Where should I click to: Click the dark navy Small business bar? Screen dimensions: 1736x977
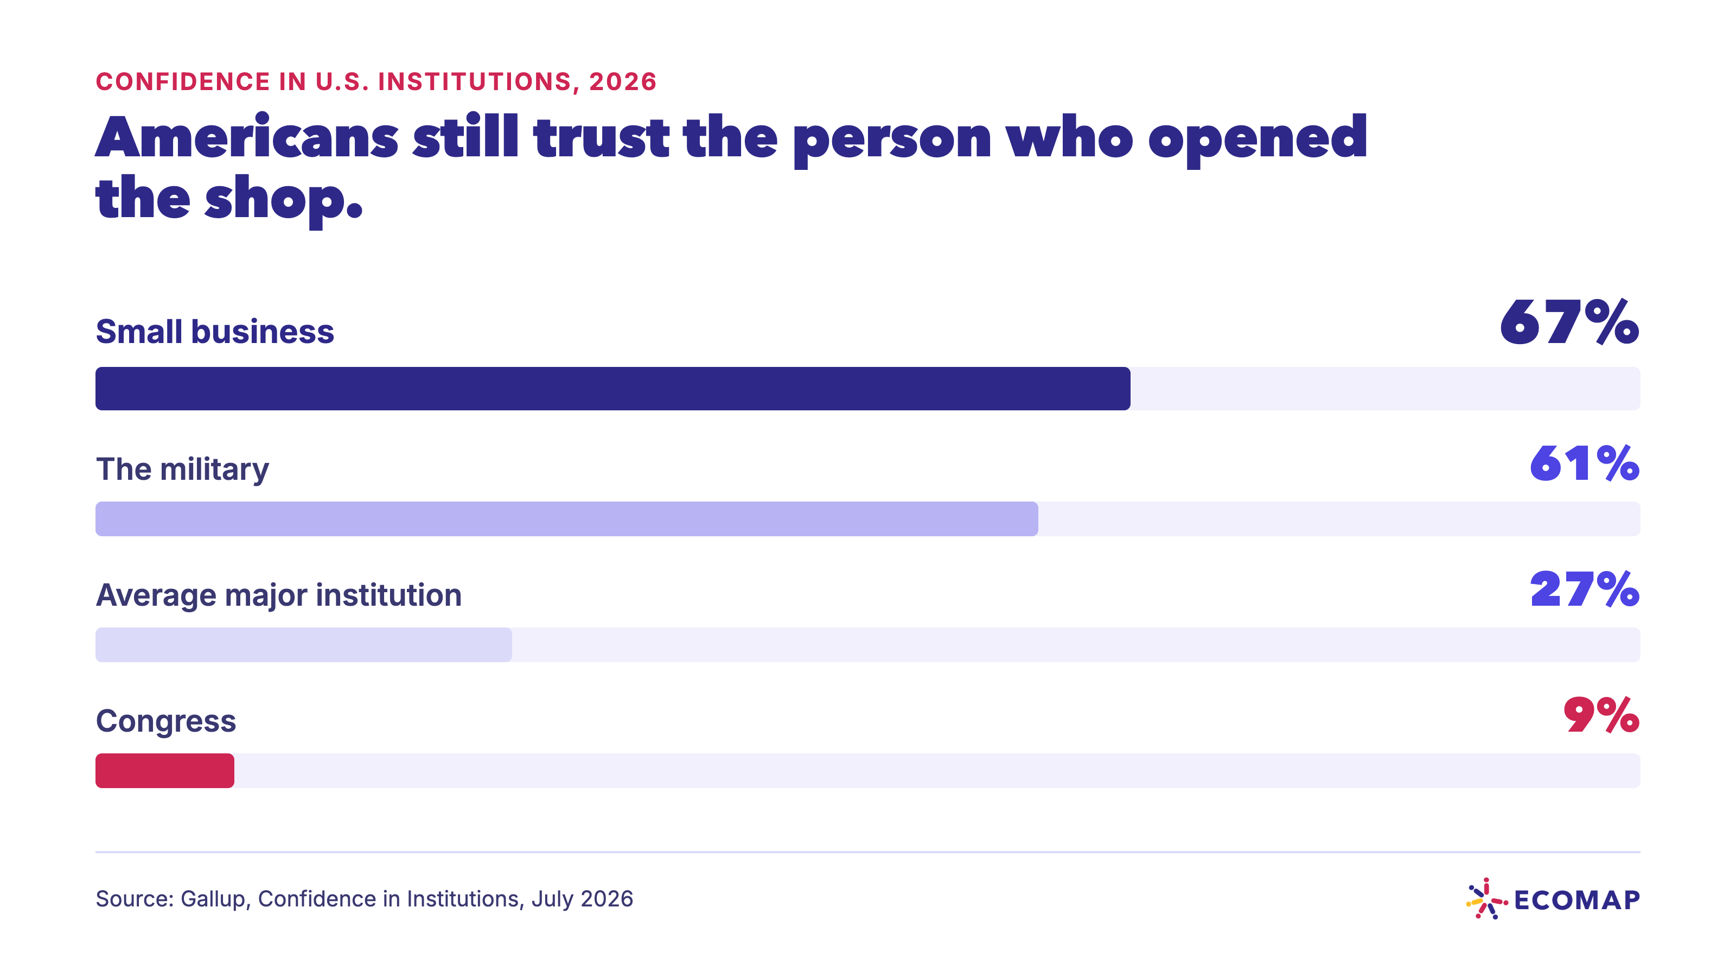[x=612, y=389]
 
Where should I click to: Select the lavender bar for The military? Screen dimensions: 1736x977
[x=567, y=518]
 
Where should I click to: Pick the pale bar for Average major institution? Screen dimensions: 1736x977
[x=303, y=645]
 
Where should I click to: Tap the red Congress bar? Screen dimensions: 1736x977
[x=165, y=771]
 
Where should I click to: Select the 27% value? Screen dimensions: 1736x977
[x=1584, y=589]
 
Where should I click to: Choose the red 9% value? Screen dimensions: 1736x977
[x=1601, y=715]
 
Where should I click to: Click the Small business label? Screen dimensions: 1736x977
[x=215, y=331]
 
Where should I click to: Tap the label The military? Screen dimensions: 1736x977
[x=183, y=470]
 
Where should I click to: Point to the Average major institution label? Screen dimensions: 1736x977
[x=279, y=595]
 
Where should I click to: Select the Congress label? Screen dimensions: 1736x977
[x=166, y=721]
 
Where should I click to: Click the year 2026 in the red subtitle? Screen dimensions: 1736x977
[x=623, y=81]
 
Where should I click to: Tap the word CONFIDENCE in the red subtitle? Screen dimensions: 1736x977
[x=183, y=81]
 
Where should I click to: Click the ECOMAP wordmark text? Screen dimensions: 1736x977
[x=1577, y=900]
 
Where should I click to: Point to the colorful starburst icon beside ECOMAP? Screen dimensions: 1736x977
[x=1486, y=899]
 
